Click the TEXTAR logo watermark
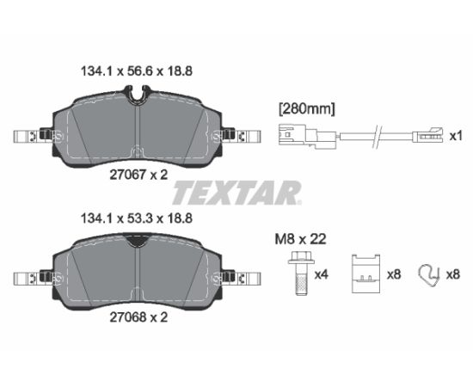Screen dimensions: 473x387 (x=236, y=193)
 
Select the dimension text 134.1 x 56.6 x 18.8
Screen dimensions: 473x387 (x=137, y=71)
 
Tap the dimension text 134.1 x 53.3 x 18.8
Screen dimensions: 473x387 (x=137, y=218)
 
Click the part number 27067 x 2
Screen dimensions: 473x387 (x=138, y=175)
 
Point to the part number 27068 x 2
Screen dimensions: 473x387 (x=138, y=317)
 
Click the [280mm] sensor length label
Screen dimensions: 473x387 (x=307, y=109)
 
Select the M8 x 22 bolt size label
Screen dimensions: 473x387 (x=300, y=239)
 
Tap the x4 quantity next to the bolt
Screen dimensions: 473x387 (x=321, y=274)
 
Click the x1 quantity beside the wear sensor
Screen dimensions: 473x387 (x=456, y=137)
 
